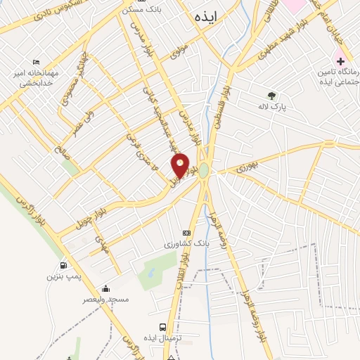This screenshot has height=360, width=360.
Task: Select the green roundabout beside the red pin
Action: click(x=204, y=171)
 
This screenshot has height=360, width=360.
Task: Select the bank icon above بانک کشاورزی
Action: click(x=186, y=233)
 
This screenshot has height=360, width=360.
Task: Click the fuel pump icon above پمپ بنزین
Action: click(x=64, y=266)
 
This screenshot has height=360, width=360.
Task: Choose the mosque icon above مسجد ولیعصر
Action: click(x=105, y=288)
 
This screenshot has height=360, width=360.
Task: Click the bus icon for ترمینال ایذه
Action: click(x=163, y=327)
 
